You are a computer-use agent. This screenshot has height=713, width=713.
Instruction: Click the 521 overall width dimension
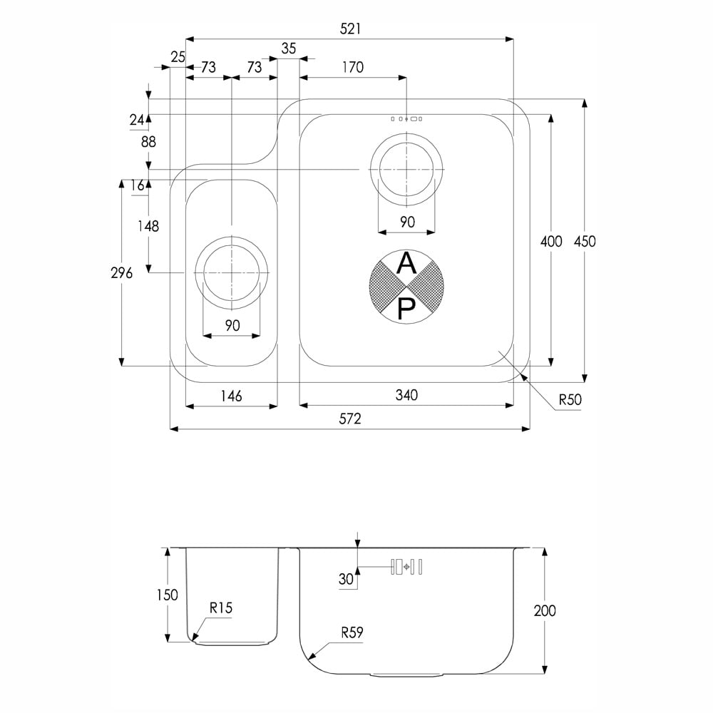point(350,29)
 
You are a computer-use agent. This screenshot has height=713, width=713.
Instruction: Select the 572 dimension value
point(349,419)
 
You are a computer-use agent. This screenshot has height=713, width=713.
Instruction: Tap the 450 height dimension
point(585,241)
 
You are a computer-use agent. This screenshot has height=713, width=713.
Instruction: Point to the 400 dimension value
point(551,241)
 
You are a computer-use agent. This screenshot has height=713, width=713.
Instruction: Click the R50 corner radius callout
point(570,400)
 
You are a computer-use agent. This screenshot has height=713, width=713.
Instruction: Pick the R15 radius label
point(221,607)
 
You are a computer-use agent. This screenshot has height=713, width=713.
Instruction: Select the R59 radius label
point(352,632)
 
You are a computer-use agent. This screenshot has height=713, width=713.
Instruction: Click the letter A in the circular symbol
point(406,263)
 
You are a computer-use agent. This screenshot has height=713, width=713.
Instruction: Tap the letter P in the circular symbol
point(406,309)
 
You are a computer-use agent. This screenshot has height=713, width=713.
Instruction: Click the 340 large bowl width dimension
point(406,395)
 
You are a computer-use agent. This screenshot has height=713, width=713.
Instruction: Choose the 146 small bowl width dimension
point(231,396)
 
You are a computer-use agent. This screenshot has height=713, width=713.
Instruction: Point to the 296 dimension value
point(121,273)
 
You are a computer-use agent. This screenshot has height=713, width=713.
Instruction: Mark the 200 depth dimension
point(544,610)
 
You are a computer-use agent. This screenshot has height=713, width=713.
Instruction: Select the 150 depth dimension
point(167,595)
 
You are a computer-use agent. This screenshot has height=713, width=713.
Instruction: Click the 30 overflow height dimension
point(346,579)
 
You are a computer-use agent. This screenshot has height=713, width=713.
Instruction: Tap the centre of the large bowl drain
point(406,169)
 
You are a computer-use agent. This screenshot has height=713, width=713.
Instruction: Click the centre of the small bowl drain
point(232,273)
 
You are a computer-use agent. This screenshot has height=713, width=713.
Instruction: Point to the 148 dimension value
point(148,226)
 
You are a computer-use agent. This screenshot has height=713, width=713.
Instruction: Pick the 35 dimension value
point(288,48)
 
